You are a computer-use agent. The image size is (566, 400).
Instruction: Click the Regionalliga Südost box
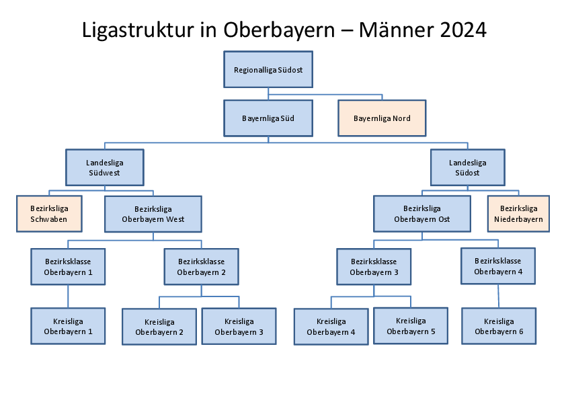point(268,69)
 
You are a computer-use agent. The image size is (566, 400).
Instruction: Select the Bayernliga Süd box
point(268,118)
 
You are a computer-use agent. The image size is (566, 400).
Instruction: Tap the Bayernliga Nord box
point(382,118)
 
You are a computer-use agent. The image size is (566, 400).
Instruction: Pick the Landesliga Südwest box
point(105,167)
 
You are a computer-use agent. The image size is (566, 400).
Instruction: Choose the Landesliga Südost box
point(467,167)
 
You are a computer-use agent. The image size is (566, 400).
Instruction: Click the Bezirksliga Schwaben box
point(49,214)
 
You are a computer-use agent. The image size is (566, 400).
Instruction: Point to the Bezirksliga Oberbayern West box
point(153,214)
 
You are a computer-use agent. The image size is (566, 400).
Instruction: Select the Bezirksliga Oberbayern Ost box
point(422,214)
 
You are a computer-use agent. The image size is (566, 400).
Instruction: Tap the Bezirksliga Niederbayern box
point(518,214)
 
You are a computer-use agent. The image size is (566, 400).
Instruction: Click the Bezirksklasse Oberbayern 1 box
point(68,266)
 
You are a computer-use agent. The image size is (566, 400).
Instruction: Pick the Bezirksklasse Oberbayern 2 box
point(202,266)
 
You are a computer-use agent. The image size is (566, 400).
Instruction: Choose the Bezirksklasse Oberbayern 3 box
point(374,266)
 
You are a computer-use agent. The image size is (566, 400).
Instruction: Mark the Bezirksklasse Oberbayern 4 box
point(498,266)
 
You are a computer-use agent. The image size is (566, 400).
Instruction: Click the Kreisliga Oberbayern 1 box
point(68,326)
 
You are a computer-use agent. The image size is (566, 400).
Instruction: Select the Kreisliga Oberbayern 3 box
point(239,326)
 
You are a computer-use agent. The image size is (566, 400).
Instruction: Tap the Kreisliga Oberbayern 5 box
point(411,325)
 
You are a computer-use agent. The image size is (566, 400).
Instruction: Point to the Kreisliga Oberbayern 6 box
point(499,326)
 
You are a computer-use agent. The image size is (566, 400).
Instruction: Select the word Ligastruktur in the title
point(138,30)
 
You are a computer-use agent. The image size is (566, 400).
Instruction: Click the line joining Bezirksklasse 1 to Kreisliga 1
point(68,296)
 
